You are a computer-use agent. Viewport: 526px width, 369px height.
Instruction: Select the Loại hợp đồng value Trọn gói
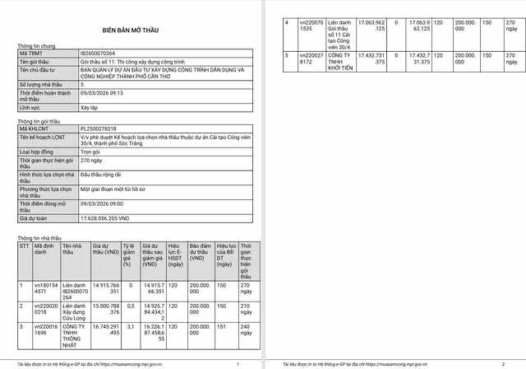[x=90, y=152]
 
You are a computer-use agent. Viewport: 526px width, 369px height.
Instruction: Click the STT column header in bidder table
[x=23, y=245]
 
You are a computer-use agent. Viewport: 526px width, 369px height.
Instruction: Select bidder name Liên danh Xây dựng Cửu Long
[x=75, y=309]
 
